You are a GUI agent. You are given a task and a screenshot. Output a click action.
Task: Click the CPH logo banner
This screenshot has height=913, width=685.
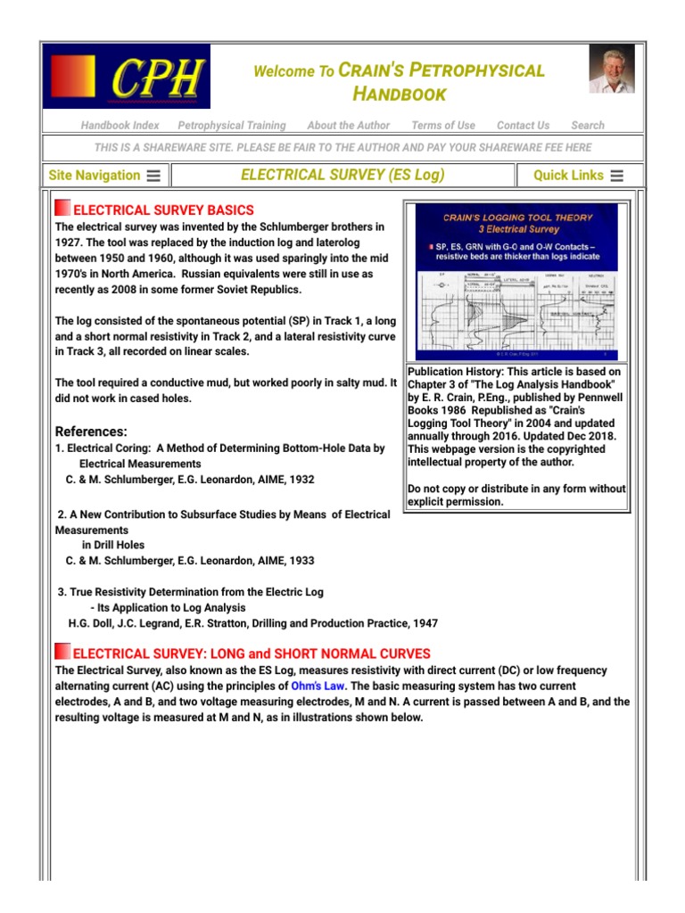[127, 77]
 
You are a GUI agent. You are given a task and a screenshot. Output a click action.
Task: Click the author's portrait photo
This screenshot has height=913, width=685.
[611, 70]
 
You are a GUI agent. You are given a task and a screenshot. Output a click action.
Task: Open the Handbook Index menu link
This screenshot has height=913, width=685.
[120, 126]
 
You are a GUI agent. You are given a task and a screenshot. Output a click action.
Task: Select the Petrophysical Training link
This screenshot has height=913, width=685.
[232, 126]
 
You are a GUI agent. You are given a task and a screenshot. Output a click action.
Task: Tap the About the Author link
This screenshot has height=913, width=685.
[349, 126]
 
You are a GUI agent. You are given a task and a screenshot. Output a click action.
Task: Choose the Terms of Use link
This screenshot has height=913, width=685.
[443, 126]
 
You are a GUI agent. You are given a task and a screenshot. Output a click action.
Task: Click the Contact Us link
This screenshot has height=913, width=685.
[523, 126]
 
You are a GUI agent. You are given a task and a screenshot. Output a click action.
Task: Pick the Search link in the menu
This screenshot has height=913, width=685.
[588, 126]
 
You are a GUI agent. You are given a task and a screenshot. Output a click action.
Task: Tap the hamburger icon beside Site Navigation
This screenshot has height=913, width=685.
[153, 176]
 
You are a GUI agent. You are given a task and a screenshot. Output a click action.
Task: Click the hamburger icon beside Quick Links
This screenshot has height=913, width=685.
[617, 176]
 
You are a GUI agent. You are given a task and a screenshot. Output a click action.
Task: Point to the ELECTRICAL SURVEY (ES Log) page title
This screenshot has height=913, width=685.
[342, 175]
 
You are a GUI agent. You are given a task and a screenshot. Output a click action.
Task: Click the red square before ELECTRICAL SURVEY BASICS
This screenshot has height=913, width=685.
[62, 209]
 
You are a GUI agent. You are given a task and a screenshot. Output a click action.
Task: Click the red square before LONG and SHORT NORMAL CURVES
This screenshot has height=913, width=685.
[62, 652]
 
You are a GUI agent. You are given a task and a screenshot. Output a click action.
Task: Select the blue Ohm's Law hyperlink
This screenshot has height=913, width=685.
[318, 687]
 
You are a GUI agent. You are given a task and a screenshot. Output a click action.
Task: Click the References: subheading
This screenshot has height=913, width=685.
[91, 432]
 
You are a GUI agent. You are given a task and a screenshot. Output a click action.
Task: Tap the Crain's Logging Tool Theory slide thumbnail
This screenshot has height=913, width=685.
[516, 281]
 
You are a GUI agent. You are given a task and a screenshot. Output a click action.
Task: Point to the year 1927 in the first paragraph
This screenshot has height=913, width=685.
[72, 243]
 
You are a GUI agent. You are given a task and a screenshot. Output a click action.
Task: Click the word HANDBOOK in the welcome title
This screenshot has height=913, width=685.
[399, 94]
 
